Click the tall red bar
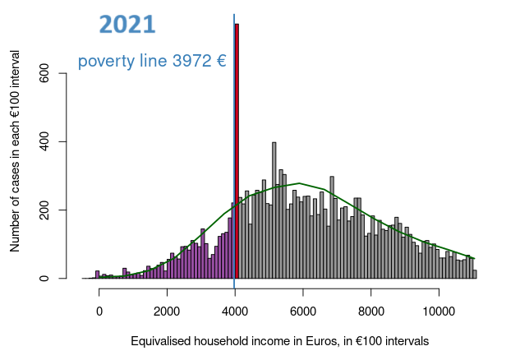[237, 151]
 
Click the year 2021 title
[127, 25]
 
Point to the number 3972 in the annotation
[191, 61]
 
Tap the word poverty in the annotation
[106, 62]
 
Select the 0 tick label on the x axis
[99, 312]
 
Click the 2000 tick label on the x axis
[167, 312]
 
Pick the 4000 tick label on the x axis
[235, 312]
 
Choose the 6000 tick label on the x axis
[303, 312]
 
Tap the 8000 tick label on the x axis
[371, 312]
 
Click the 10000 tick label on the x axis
[439, 312]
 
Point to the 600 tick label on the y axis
[44, 73]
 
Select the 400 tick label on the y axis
[44, 142]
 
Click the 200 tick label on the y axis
[44, 210]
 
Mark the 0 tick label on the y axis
[44, 279]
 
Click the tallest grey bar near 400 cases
[274, 210]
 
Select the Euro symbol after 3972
[221, 61]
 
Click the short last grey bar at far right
[475, 275]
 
